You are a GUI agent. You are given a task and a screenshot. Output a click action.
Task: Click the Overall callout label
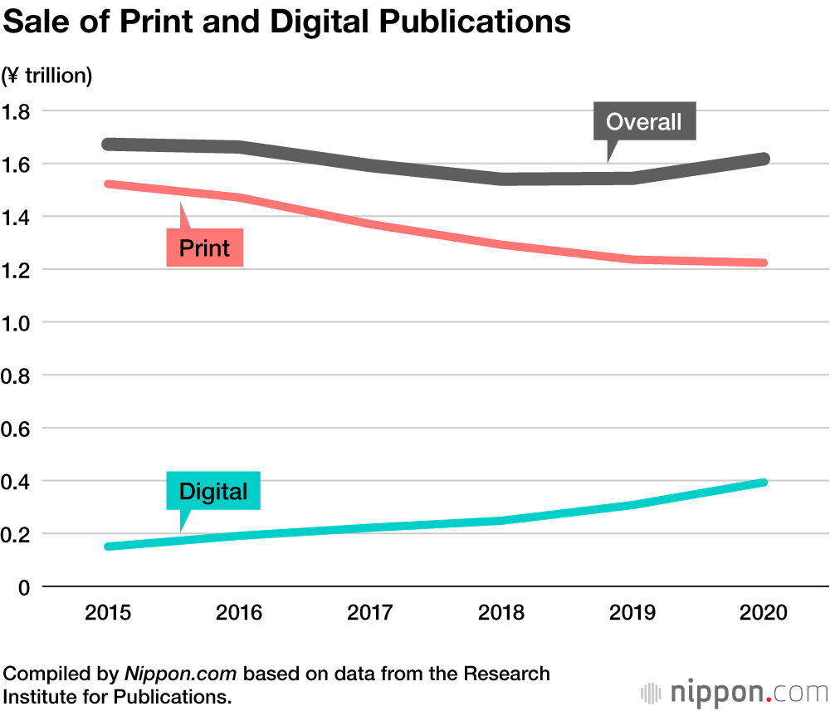pos(643,122)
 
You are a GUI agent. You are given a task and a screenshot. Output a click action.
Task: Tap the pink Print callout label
pos(204,248)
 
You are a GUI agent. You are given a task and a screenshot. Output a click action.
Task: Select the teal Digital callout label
pos(213,491)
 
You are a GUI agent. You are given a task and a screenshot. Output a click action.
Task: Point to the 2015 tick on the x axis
pos(108,613)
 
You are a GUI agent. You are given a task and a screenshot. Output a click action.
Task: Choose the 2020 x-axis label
pos(763,613)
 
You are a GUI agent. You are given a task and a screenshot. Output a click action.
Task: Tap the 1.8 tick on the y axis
pos(18,111)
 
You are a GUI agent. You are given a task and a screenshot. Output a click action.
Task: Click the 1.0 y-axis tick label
pos(18,322)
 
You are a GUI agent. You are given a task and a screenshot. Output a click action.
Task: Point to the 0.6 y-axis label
pos(18,429)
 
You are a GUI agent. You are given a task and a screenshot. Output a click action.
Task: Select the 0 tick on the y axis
pos(24,587)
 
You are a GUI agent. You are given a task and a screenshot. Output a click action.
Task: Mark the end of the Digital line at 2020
pos(763,483)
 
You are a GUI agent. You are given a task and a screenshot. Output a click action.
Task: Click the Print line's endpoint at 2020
pos(763,262)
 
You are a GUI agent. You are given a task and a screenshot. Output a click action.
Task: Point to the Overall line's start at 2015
pos(109,145)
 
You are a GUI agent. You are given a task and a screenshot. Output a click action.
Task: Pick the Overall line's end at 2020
pos(763,159)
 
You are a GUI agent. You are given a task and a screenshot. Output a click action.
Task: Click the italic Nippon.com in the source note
pos(181,673)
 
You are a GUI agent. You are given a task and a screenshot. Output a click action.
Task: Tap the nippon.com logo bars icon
pos(652,693)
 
